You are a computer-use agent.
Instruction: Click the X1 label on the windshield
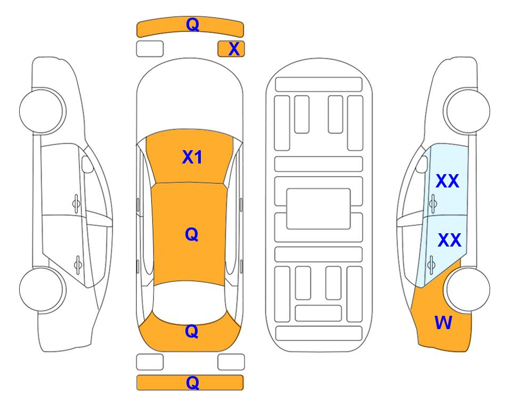coord(192,157)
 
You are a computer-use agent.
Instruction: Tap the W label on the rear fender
coord(443,323)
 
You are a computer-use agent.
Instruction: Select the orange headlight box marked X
coord(231,49)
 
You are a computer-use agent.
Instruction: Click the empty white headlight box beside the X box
coord(150,49)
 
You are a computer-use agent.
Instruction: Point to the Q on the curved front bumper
coord(192,24)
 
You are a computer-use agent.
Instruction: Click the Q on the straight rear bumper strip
coord(192,382)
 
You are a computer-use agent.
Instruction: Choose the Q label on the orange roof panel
coord(191,234)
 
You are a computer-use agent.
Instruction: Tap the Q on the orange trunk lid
coord(191,331)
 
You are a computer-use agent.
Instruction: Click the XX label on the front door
coord(447,181)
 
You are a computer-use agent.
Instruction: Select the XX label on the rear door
coord(449,240)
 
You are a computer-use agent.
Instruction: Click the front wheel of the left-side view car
coord(43,111)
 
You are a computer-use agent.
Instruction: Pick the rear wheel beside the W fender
coord(467,290)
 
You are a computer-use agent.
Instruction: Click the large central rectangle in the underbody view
coord(319,209)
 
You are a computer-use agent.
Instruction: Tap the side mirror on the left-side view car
coord(87,164)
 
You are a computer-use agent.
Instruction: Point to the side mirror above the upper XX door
coord(422,164)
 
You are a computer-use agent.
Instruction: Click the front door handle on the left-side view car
coord(76,203)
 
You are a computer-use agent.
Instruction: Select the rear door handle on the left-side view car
coord(78,264)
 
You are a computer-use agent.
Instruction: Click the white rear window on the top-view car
coord(190,302)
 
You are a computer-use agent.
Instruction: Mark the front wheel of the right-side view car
coord(467,111)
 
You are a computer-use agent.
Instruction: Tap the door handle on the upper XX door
coord(433,203)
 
